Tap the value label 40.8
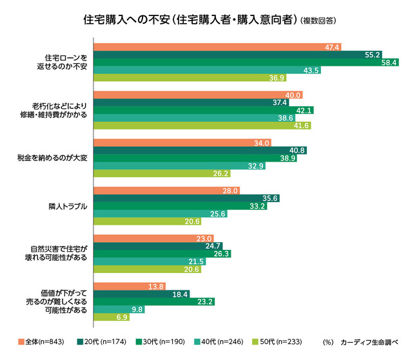click(298, 150)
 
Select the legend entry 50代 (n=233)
click(284, 342)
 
